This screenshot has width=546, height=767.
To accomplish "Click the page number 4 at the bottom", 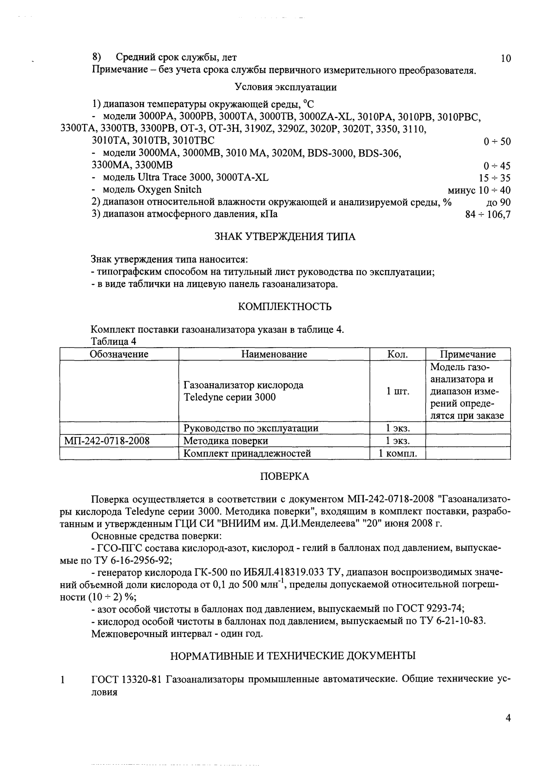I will pyautogui.click(x=508, y=731).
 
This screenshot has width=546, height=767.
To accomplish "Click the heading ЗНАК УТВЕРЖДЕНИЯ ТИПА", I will pyautogui.click(x=285, y=237).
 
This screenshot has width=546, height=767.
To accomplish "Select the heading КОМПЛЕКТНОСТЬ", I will pyautogui.click(x=285, y=307).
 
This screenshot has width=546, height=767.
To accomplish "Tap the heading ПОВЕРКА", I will pyautogui.click(x=285, y=476).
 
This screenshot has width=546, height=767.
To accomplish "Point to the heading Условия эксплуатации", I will pyautogui.click(x=286, y=87).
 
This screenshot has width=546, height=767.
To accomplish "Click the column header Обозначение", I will pyautogui.click(x=119, y=354).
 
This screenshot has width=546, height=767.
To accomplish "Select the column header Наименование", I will pyautogui.click(x=274, y=354).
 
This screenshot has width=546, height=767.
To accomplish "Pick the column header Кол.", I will pyautogui.click(x=397, y=354).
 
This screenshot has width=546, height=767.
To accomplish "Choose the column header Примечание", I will pyautogui.click(x=467, y=354).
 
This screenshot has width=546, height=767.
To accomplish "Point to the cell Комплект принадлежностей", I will pyautogui.click(x=247, y=454).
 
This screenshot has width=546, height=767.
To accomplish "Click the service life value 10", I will pyautogui.click(x=505, y=58).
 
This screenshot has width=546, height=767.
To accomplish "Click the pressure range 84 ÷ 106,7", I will pyautogui.click(x=488, y=215).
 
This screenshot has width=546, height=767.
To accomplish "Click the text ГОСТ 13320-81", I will pyautogui.click(x=126, y=680).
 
